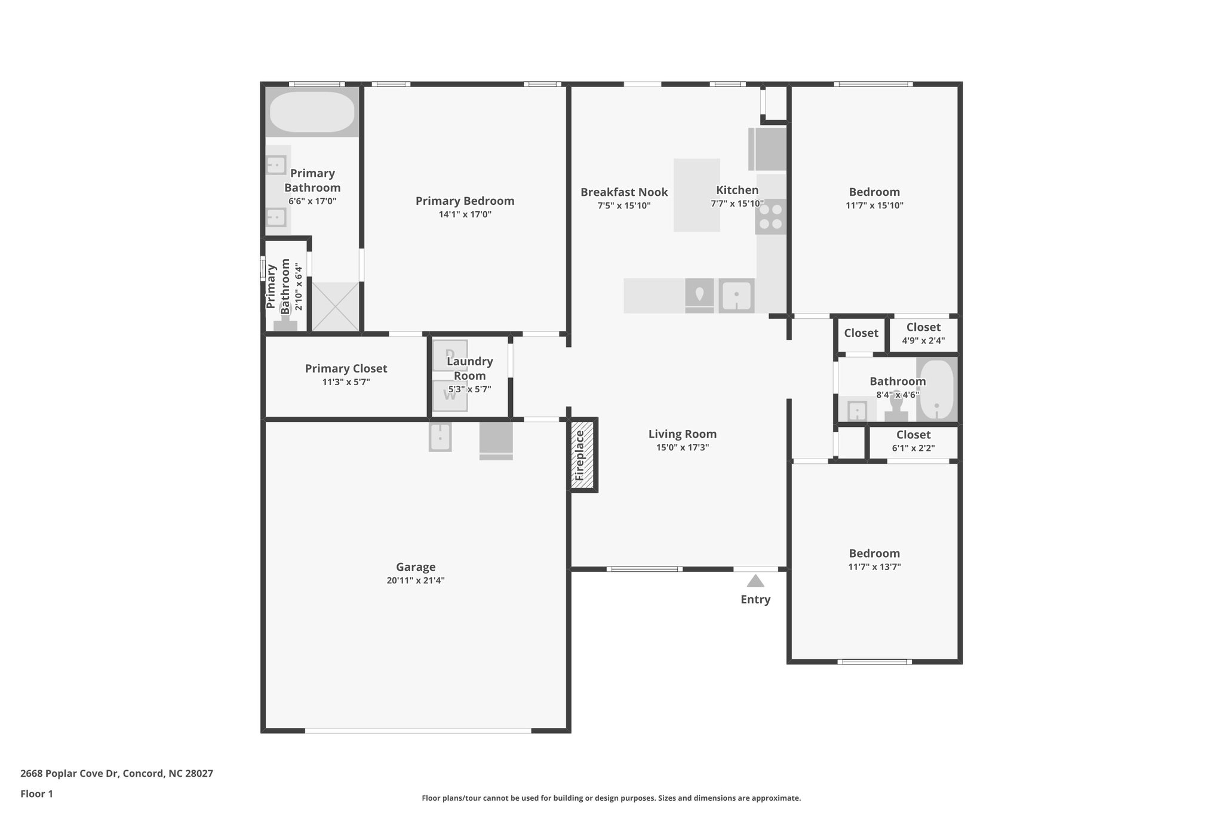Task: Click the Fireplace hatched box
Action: pyautogui.click(x=582, y=456)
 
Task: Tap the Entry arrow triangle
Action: pyautogui.click(x=755, y=581)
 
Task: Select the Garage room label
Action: pyautogui.click(x=416, y=567)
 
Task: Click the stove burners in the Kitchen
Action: pyautogui.click(x=770, y=217)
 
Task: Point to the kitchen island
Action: pyautogui.click(x=696, y=195)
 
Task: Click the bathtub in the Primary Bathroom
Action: pyautogui.click(x=312, y=112)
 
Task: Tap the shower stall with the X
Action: pyautogui.click(x=335, y=307)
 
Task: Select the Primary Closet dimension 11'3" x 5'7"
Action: pyautogui.click(x=346, y=382)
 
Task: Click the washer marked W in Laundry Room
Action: pyautogui.click(x=450, y=396)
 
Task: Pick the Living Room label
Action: pyautogui.click(x=682, y=434)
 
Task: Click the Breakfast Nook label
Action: pyautogui.click(x=624, y=192)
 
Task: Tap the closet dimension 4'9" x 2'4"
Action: pyautogui.click(x=923, y=341)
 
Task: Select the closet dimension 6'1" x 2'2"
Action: pyautogui.click(x=913, y=448)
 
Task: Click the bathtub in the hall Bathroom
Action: pyautogui.click(x=936, y=390)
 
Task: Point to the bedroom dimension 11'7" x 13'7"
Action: pyautogui.click(x=874, y=567)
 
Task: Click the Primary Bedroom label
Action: pyautogui.click(x=465, y=201)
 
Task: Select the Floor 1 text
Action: pyautogui.click(x=37, y=794)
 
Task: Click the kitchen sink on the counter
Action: pyautogui.click(x=736, y=296)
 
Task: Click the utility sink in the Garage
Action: pyautogui.click(x=440, y=437)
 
